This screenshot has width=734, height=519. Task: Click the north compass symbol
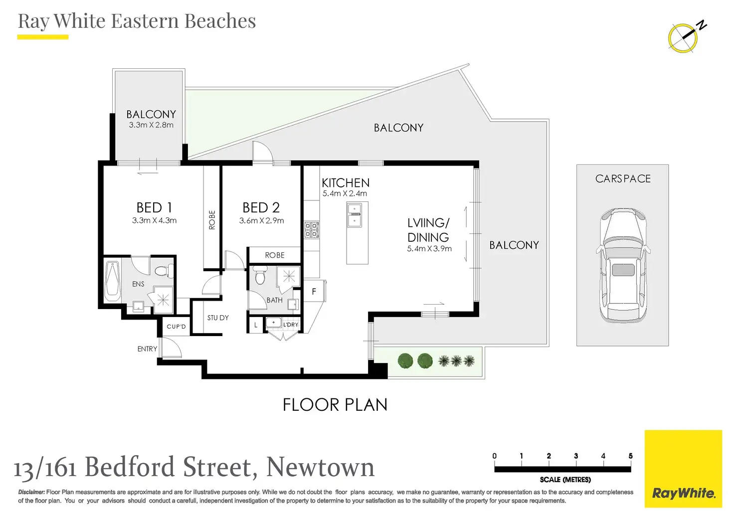[684, 37]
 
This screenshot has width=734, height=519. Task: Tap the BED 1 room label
[154, 207]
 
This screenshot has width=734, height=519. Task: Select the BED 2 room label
[261, 207]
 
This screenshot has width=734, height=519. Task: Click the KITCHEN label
[346, 183]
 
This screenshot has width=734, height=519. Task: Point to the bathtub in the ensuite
[113, 281]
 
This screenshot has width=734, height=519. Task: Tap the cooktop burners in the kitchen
[312, 230]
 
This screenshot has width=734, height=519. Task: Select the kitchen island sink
[355, 215]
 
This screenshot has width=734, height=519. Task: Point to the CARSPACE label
[623, 178]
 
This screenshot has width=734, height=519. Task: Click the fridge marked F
[314, 292]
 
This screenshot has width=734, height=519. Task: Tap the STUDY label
[218, 318]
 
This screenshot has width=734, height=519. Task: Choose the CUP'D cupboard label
[176, 327]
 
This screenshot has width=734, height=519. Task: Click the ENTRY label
[147, 349]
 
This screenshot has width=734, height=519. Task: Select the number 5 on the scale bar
[630, 456]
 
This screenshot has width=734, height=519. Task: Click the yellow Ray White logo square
[683, 469]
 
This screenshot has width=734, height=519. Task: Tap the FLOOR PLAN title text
[335, 405]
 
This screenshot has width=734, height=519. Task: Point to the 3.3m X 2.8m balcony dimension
[151, 125]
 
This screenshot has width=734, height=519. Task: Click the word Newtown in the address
[320, 468]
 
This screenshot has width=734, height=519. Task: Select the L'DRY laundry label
[291, 325]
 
